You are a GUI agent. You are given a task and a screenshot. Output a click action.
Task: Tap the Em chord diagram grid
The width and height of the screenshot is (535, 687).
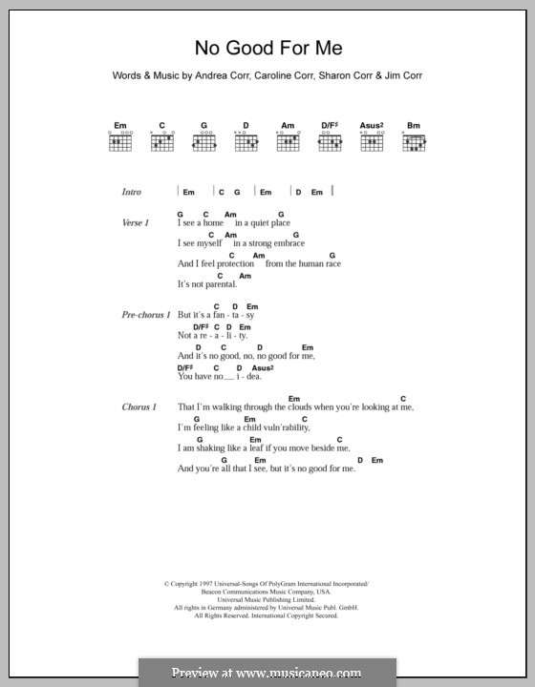coord(119,143)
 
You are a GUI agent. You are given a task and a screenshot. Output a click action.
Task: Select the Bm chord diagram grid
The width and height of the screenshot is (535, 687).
coord(414,143)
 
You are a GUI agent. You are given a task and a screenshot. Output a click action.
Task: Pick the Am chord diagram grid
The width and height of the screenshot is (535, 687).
coord(288,143)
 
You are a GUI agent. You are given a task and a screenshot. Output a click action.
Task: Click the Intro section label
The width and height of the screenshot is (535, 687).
coord(132,192)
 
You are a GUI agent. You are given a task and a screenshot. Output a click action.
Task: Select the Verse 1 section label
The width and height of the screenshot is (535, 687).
coord(136,222)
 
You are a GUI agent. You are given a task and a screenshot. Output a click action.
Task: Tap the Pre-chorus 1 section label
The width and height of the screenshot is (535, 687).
coord(146,314)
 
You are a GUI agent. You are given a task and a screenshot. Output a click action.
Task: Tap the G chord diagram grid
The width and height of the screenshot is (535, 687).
coord(203,143)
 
